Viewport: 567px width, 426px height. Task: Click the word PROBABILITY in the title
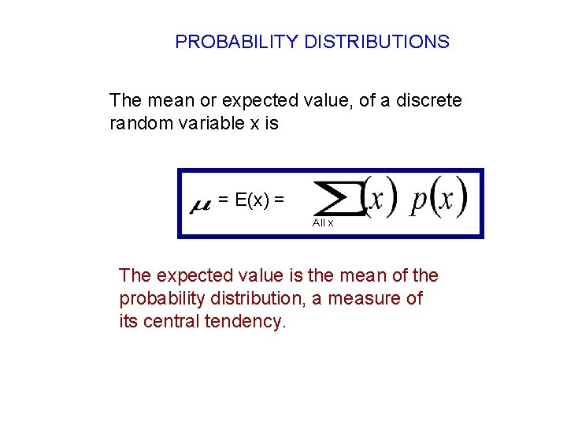click(x=236, y=42)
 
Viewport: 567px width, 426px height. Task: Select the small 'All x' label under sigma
click(x=323, y=223)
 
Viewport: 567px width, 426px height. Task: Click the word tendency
click(x=247, y=322)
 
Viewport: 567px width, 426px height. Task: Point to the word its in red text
click(x=128, y=322)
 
